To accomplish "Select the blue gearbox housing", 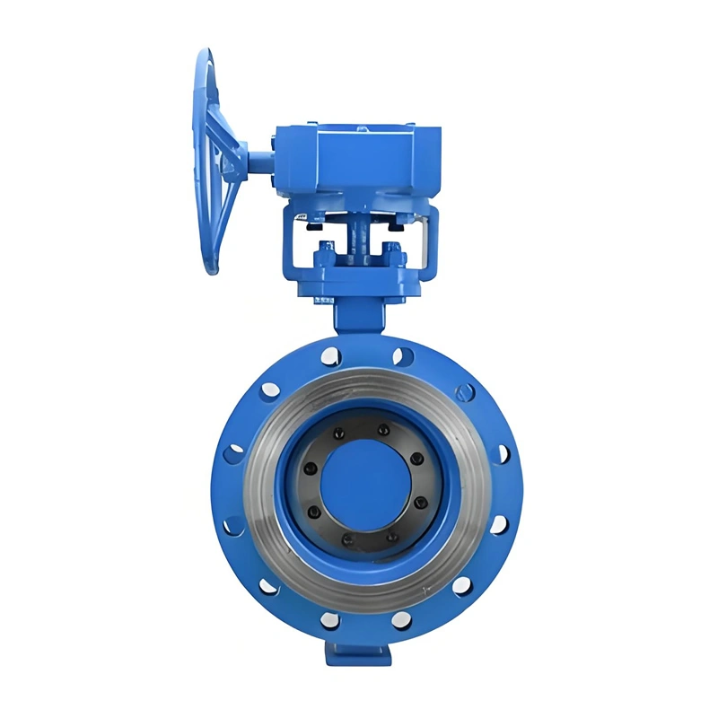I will pyautogui.click(x=359, y=162).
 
